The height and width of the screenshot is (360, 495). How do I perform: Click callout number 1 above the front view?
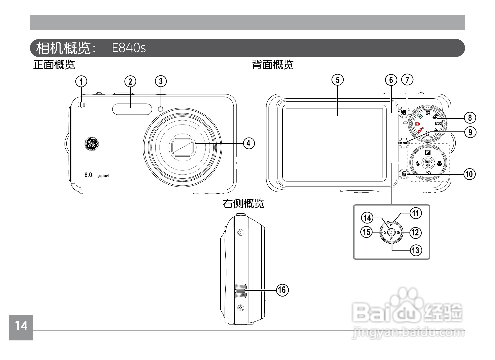pos(81,81)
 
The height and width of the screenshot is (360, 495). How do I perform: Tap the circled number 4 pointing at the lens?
pos(248,143)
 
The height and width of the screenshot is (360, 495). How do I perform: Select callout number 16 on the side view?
pos(282,290)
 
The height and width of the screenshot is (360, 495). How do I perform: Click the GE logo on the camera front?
pos(91,144)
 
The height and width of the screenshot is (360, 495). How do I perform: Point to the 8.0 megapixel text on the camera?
pos(97,175)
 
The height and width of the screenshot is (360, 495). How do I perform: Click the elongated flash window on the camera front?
pos(132,109)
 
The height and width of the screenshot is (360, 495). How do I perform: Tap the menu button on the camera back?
pos(404,143)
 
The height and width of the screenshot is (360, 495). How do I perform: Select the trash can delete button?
pos(404,174)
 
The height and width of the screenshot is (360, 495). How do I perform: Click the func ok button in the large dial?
pos(428,163)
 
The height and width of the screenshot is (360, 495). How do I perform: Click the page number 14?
pos(21,326)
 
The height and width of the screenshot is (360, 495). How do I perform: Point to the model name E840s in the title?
pos(129,48)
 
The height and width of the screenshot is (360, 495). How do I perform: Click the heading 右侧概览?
pos(243,204)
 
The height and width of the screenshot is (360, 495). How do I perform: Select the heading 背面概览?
pos(273,65)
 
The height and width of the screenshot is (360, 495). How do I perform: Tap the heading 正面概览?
pos(54,65)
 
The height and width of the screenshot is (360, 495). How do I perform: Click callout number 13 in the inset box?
pos(416,250)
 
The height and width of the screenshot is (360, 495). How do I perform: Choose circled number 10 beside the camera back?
pos(470,174)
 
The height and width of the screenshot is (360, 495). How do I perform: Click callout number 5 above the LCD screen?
pos(338,80)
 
